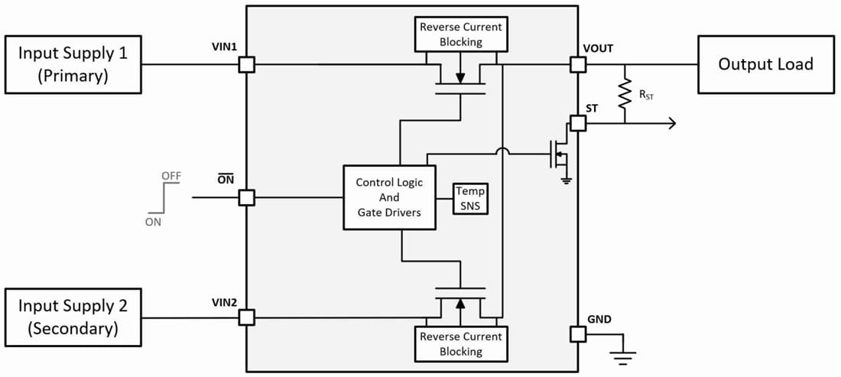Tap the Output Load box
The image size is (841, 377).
[x=765, y=64]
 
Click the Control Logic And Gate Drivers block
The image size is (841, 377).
[x=388, y=197]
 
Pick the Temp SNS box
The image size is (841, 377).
[x=469, y=198]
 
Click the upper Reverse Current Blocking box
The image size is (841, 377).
[x=461, y=34]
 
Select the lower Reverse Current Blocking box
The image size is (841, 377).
[x=461, y=343]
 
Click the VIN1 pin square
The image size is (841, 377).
[x=246, y=65]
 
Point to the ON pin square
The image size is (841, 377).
[x=246, y=197]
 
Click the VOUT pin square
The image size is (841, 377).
[x=578, y=65]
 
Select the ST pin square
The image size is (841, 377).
[x=578, y=123]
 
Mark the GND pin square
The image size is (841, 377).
[x=578, y=333]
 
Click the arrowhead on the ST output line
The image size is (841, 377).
[x=671, y=123]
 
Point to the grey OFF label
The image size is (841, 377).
[x=171, y=176]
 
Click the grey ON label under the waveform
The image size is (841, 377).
[x=154, y=222]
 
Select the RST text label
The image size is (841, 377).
[x=647, y=96]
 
